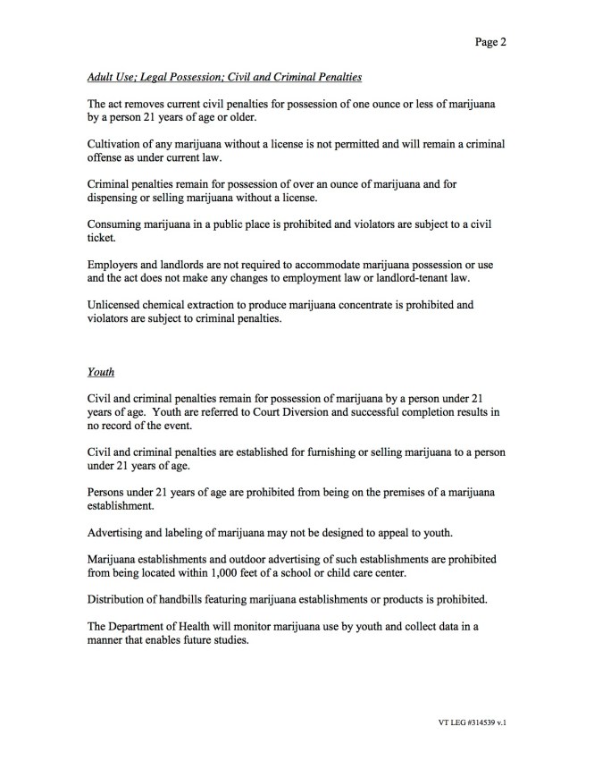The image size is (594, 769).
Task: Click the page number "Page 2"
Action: point(491,40)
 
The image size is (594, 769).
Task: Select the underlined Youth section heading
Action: point(101,371)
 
